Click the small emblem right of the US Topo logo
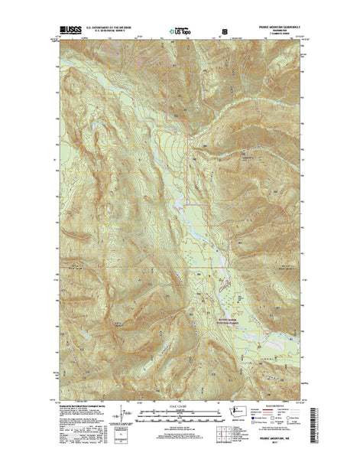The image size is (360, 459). pyautogui.click(x=225, y=31)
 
